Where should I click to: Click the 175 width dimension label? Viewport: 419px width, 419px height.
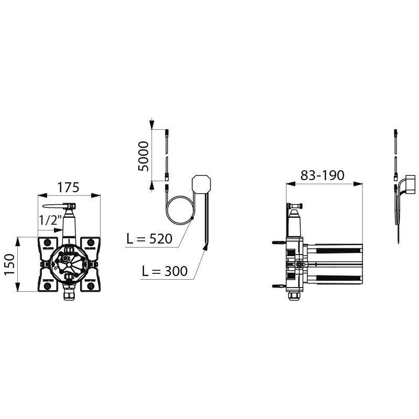click(x=69, y=187)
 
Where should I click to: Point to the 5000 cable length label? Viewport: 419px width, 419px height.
click(x=144, y=156)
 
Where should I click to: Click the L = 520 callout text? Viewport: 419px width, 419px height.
click(x=149, y=239)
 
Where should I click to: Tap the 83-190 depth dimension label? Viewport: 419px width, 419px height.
click(x=323, y=175)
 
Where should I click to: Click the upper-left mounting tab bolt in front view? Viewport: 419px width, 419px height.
click(x=47, y=242)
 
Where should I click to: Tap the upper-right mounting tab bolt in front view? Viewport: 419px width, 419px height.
click(x=91, y=242)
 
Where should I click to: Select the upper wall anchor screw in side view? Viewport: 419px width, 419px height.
click(x=278, y=243)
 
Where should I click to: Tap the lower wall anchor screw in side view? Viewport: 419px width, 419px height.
click(x=278, y=286)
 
